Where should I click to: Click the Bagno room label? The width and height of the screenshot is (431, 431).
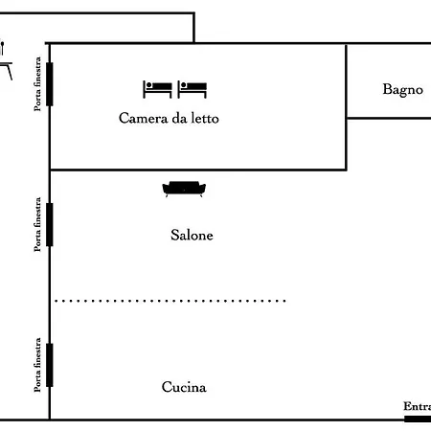point(402,89)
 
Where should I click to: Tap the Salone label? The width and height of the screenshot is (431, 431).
point(192,235)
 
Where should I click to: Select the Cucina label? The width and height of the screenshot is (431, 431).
point(184,388)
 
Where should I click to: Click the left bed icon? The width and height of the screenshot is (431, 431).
point(157,89)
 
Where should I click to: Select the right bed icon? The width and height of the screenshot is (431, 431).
point(193,89)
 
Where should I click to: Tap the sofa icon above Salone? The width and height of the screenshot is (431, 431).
point(183,190)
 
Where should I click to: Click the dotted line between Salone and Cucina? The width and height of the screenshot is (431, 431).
point(170,301)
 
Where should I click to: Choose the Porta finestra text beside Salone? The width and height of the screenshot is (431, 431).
point(37,224)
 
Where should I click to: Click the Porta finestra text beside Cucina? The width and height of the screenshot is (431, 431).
point(37,365)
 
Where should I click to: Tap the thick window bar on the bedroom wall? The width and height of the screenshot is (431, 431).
point(49,83)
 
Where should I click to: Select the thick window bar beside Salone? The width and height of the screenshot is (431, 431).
point(49,224)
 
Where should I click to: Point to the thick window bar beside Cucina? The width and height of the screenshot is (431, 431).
point(49,365)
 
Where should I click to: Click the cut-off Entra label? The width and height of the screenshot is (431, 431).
point(417,407)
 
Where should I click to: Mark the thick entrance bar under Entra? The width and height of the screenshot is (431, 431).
point(417,419)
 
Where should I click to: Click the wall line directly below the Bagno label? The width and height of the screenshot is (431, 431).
point(388,118)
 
